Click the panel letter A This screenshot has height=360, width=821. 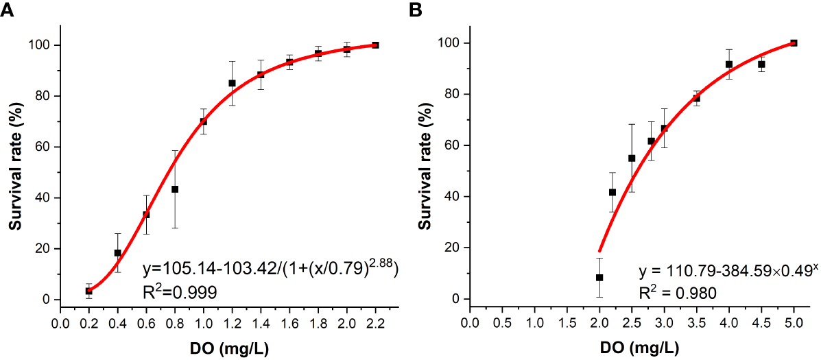click(x=8, y=10)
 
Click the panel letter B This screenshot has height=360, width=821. click(x=416, y=10)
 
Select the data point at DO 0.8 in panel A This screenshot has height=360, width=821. click(x=175, y=189)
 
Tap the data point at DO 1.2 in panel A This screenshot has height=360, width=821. click(x=232, y=83)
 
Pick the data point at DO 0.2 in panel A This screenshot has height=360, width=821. click(x=89, y=291)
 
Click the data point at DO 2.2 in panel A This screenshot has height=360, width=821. click(x=375, y=45)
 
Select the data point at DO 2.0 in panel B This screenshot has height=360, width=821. click(x=599, y=278)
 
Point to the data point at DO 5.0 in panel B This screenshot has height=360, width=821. click(x=794, y=43)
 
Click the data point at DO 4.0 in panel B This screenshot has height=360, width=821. click(x=729, y=64)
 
